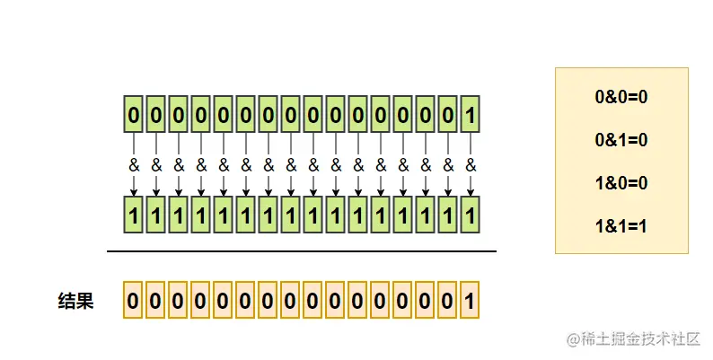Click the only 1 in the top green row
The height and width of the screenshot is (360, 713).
pyautogui.click(x=471, y=115)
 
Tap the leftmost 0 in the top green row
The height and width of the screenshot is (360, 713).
pyautogui.click(x=134, y=115)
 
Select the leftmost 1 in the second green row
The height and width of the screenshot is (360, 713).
pyautogui.click(x=134, y=215)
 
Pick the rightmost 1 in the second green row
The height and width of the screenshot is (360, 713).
pyautogui.click(x=471, y=215)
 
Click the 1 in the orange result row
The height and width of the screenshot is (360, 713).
pyautogui.click(x=471, y=299)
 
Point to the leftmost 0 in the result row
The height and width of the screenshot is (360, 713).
pyautogui.click(x=134, y=299)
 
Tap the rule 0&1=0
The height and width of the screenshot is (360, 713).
pyautogui.click(x=621, y=140)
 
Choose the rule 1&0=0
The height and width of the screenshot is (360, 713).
pyautogui.click(x=621, y=183)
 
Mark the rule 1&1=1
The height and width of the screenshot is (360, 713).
pyautogui.click(x=621, y=226)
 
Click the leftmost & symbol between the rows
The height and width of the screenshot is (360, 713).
pyautogui.click(x=134, y=166)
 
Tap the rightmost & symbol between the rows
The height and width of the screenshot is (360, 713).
pyautogui.click(x=471, y=166)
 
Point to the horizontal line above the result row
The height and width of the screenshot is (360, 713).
pyautogui.click(x=302, y=251)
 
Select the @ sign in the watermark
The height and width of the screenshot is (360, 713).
pyautogui.click(x=572, y=339)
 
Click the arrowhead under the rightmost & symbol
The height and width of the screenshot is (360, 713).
pyautogui.click(x=471, y=192)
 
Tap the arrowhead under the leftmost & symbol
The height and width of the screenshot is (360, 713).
pyautogui.click(x=134, y=192)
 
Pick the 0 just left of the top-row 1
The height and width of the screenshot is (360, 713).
pyautogui.click(x=448, y=115)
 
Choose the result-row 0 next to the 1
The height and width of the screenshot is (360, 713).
pyautogui.click(x=448, y=299)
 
